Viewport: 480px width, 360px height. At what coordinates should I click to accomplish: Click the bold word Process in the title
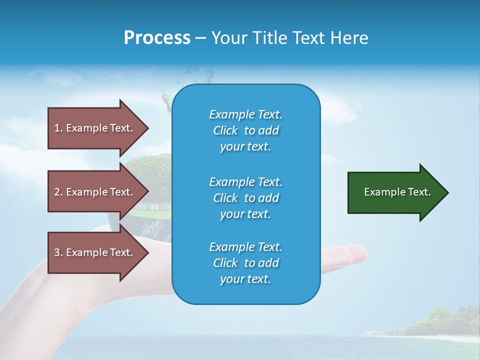coord(157,38)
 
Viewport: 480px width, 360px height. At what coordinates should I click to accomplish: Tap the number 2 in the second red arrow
coord(57,192)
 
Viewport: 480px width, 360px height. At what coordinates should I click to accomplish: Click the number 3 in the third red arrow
coord(57,252)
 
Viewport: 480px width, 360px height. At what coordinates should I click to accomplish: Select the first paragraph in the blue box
coord(245,130)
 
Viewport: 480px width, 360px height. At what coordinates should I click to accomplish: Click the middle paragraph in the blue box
coord(245,197)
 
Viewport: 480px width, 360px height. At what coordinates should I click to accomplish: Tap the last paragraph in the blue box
coord(245,263)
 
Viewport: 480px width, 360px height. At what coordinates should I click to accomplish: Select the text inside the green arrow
coord(397,192)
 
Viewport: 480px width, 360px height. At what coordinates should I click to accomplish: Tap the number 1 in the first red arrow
coord(56,128)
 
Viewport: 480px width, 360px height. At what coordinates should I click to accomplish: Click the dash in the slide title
coord(200,38)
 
